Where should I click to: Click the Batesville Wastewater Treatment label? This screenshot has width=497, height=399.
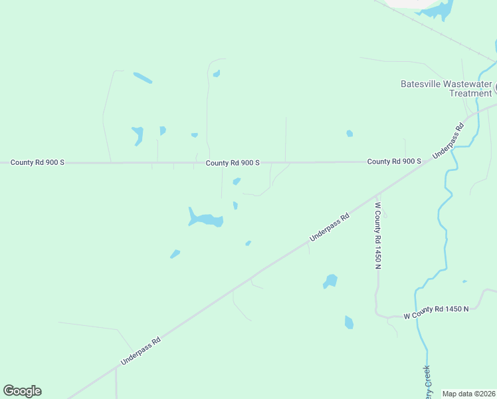click(x=446, y=88)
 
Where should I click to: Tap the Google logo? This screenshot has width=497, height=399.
click(x=22, y=391)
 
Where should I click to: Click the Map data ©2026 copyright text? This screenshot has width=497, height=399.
click(x=468, y=394)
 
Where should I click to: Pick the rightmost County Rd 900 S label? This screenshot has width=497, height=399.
click(x=394, y=162)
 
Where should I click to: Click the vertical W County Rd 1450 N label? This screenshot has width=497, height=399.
click(x=377, y=235)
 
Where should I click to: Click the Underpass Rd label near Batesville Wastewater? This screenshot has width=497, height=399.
click(x=447, y=140)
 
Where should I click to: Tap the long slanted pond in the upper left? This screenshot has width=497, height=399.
click(x=142, y=78)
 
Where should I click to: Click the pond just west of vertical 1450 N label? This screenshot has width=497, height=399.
click(x=330, y=281)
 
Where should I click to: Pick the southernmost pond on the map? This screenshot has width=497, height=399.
click(x=349, y=323)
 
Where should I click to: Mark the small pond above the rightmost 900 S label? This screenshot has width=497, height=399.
click(x=349, y=134)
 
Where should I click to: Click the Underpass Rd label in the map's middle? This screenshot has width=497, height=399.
click(x=330, y=227)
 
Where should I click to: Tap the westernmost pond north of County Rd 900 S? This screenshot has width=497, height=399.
click(x=138, y=134)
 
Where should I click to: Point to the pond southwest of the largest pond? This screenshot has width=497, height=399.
click(x=175, y=253)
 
